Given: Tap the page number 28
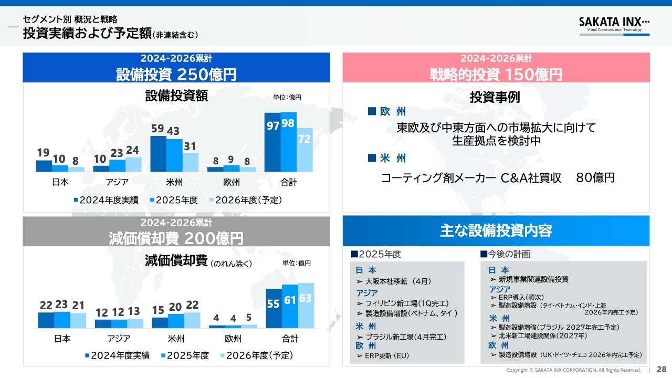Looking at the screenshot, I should coord(661,369).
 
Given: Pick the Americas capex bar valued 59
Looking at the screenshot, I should coord(158,153).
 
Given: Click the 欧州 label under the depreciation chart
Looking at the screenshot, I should coord(233,339).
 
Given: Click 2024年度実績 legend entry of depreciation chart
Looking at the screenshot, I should coord(117,355).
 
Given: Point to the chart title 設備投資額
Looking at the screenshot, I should coord(176,96).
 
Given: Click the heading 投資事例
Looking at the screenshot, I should coord(495,97).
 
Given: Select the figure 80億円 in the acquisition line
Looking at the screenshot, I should coord(595,178).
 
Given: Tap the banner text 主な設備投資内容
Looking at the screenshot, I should coord(496,230).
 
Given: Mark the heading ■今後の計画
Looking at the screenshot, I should coord(505,254).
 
